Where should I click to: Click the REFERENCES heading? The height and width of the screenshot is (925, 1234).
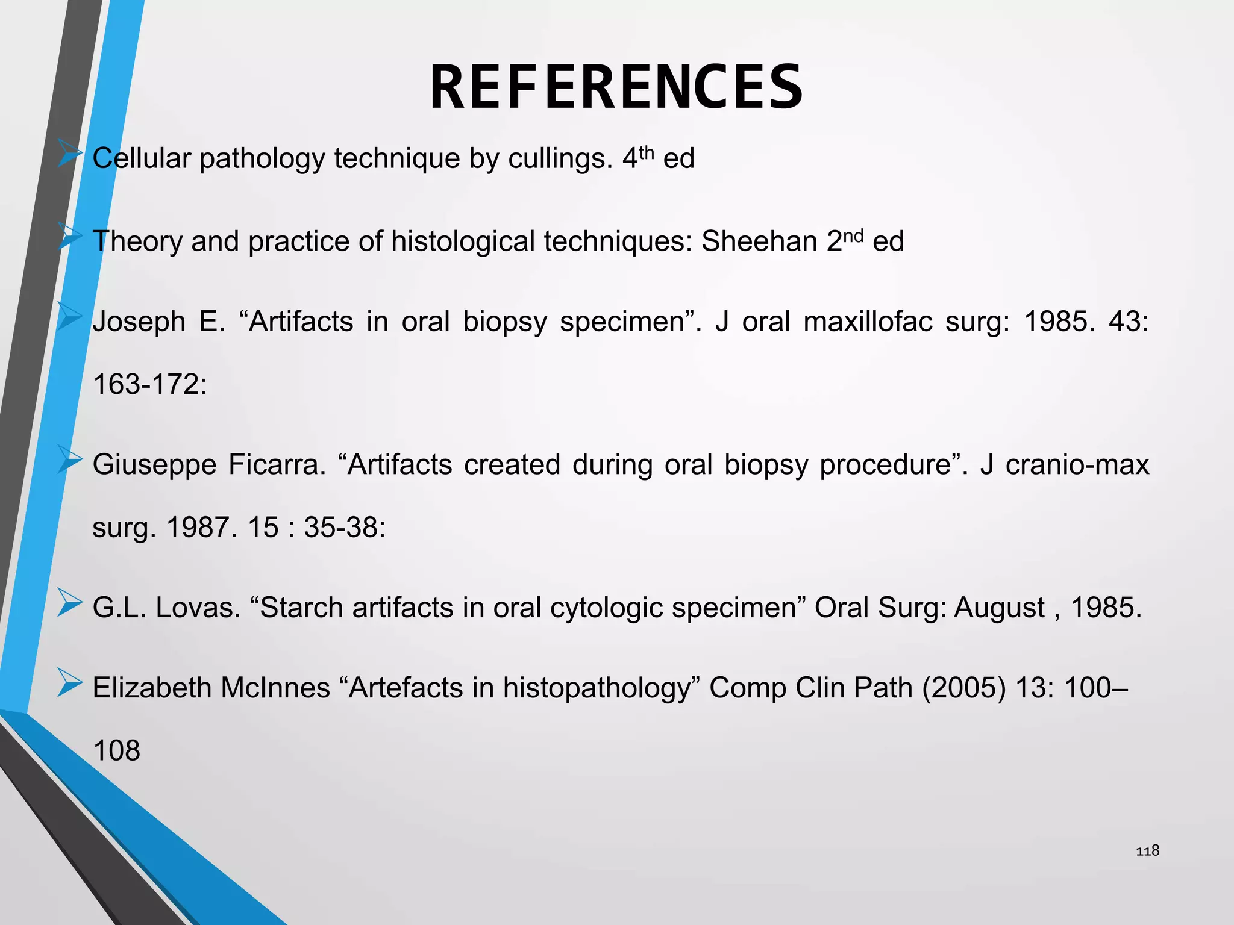[x=616, y=87]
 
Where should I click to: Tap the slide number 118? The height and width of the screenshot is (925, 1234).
[x=1147, y=850]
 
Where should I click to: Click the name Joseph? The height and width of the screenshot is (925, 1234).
[x=139, y=322]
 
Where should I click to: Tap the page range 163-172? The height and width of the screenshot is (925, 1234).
[x=149, y=384]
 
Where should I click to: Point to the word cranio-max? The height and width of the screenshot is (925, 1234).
[x=1077, y=465]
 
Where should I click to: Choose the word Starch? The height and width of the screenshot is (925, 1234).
[x=302, y=608]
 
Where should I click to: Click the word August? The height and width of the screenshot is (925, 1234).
[x=1000, y=608]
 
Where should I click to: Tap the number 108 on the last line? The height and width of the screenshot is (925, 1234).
[x=117, y=751]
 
